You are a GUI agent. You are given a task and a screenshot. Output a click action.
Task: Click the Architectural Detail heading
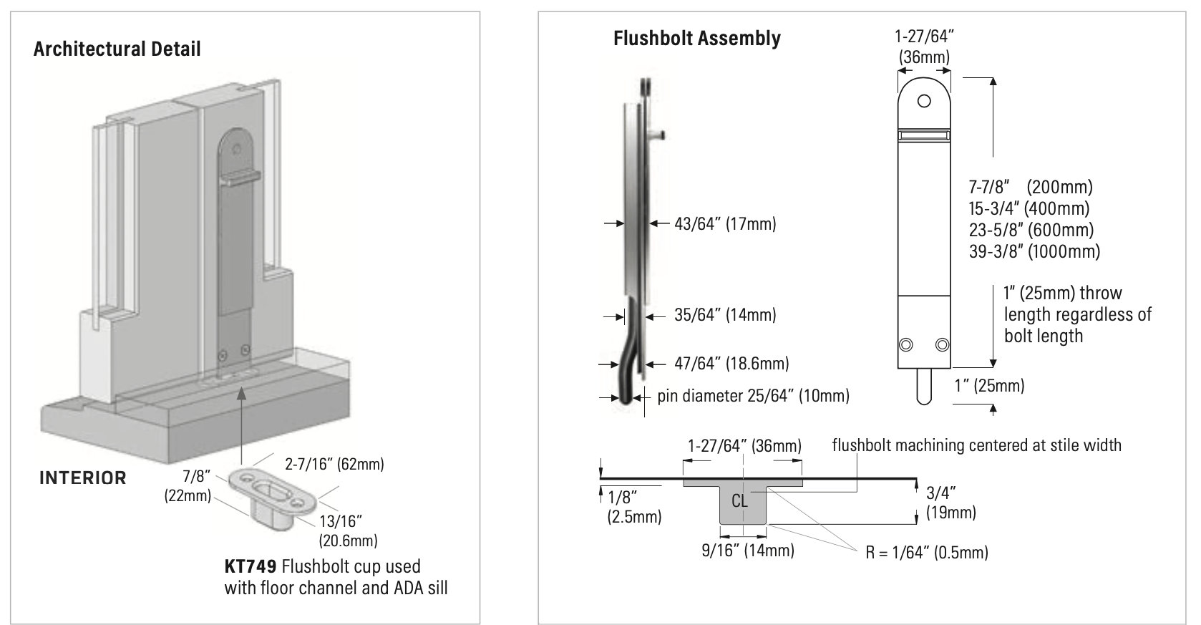(117, 49)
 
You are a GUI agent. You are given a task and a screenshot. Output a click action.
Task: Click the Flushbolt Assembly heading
(696, 38)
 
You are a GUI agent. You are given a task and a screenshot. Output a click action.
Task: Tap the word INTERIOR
(82, 478)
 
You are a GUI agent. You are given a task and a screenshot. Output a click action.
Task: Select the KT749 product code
(250, 566)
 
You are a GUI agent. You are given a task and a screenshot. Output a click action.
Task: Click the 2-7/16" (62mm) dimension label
(334, 464)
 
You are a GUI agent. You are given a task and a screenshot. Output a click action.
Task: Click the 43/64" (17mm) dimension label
(724, 224)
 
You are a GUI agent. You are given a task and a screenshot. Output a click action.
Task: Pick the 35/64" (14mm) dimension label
(724, 314)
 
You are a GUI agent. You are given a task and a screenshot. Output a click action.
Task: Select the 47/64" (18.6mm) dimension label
(731, 363)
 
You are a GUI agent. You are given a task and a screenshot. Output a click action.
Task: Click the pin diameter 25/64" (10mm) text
(753, 395)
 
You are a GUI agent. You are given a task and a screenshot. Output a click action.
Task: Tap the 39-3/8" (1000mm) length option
(1034, 251)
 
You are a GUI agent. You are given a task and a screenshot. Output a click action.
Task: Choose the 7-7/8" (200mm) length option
(1030, 188)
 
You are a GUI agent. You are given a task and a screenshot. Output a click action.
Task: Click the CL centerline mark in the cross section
(740, 500)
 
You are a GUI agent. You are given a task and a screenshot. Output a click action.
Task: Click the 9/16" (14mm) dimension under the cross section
(747, 550)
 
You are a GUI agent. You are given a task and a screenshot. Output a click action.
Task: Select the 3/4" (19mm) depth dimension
(950, 502)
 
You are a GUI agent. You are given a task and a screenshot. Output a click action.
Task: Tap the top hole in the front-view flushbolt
(924, 100)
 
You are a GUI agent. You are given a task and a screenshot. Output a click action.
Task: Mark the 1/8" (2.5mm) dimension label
(633, 505)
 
